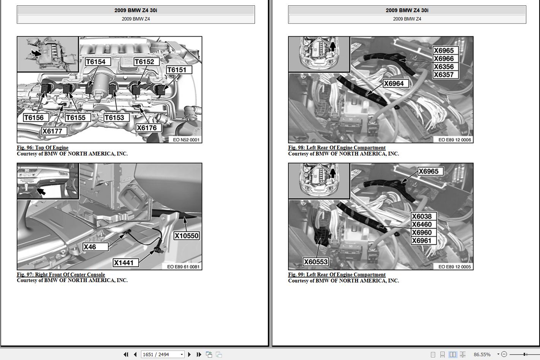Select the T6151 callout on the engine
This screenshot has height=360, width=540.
[179, 70]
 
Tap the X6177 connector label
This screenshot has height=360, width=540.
[54, 131]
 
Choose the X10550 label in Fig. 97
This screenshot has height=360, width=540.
[187, 236]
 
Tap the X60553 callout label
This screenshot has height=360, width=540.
[315, 262]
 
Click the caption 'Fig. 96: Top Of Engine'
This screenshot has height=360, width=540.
[43, 147]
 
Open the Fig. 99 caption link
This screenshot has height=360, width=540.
[337, 274]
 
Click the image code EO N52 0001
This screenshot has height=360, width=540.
[186, 140]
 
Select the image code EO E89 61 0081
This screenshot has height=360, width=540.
[183, 267]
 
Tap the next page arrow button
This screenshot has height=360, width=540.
[189, 354]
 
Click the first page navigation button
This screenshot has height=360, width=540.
[126, 354]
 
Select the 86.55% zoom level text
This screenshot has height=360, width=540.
[482, 354]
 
